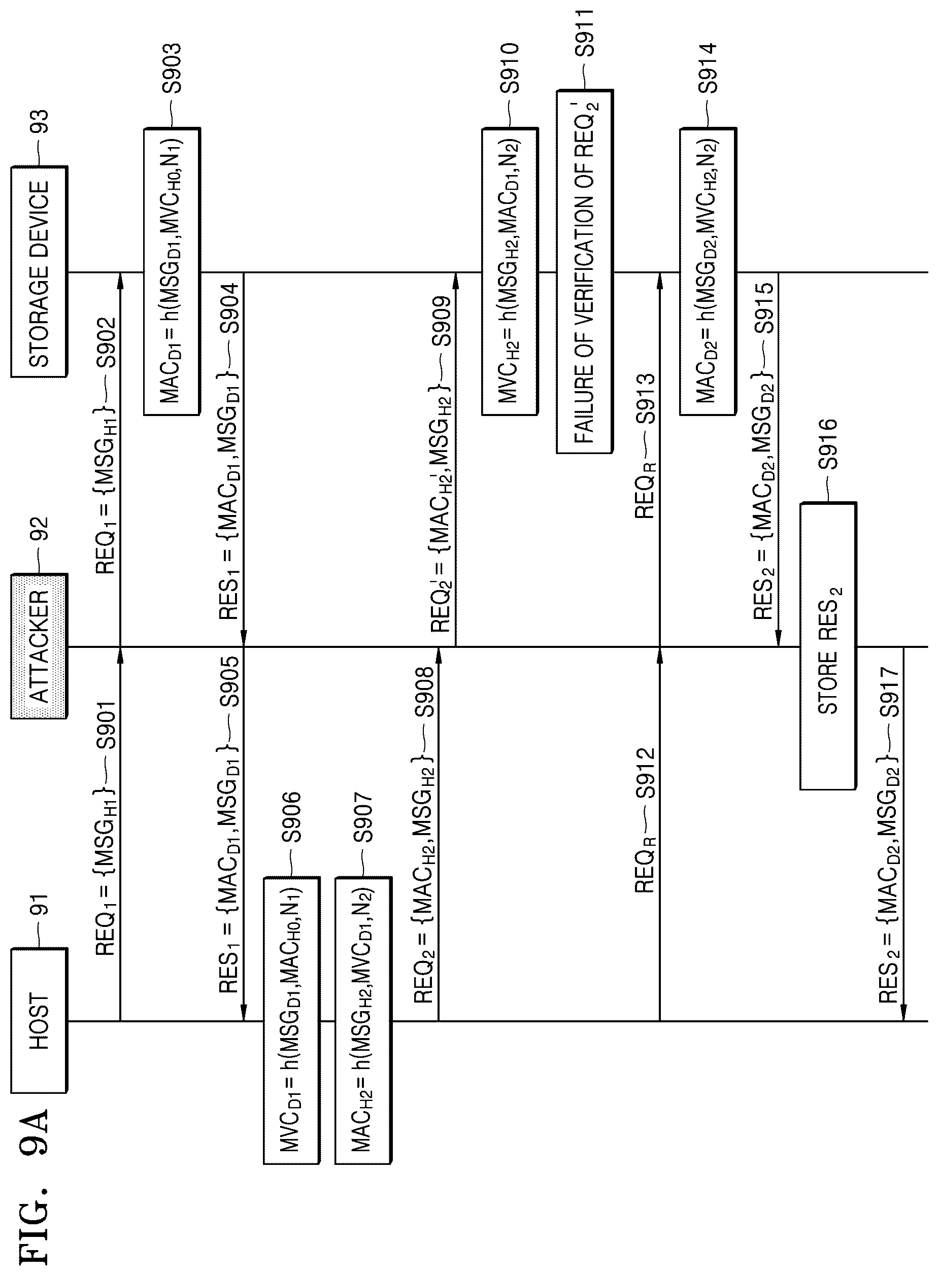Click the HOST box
pos(39,1021)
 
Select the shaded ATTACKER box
pos(39,646)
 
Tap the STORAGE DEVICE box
pos(39,271)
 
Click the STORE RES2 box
pos(828,646)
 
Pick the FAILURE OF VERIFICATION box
pos(585,271)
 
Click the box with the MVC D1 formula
pos(291,1021)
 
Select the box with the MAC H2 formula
pos(363,1021)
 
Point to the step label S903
pos(171,68)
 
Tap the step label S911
pos(585,32)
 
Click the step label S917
pos(888,692)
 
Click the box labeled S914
pos(708,271)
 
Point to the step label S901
pos(106,728)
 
